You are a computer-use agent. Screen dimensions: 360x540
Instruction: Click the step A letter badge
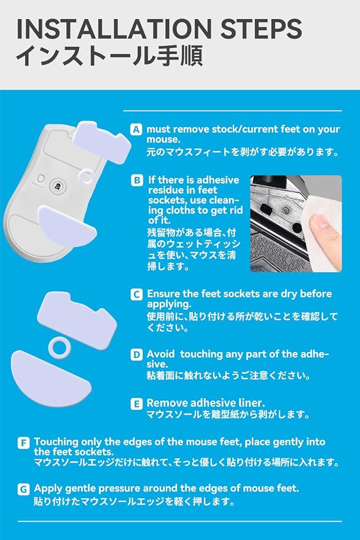[136, 130]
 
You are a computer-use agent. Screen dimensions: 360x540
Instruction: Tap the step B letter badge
[137, 180]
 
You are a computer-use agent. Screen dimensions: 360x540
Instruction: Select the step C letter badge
[136, 294]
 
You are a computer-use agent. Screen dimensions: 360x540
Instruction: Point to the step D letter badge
[136, 354]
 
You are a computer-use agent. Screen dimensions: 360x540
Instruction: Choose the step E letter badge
[136, 404]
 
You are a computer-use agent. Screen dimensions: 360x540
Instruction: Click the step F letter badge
[23, 443]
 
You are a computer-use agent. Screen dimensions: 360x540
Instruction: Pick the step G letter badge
[23, 489]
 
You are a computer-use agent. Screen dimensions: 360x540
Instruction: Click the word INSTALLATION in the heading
[114, 29]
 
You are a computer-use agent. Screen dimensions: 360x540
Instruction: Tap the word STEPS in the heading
[261, 29]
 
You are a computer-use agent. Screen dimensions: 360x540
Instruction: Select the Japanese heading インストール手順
[109, 55]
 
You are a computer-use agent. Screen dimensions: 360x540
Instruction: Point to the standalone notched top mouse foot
[78, 320]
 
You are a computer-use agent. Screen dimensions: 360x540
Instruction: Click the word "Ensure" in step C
[163, 294]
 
